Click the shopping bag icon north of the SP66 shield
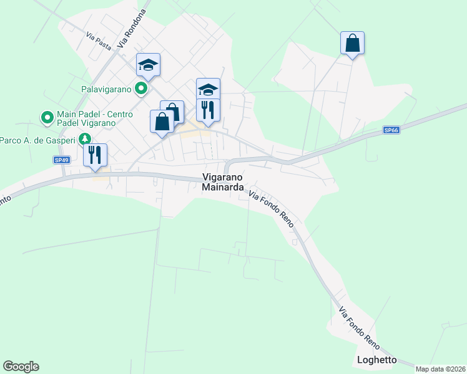tap(352, 44)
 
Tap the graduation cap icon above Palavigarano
tap(149, 65)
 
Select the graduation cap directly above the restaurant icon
tap(208, 89)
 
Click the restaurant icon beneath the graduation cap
tap(208, 110)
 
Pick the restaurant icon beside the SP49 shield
tap(95, 155)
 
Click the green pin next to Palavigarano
tap(142, 89)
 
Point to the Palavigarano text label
tap(106, 89)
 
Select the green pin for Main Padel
tap(46, 117)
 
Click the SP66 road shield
tap(391, 130)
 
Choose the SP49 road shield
tap(61, 160)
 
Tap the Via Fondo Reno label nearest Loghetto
tap(359, 328)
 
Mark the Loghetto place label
tap(376, 360)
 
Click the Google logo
tap(21, 367)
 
